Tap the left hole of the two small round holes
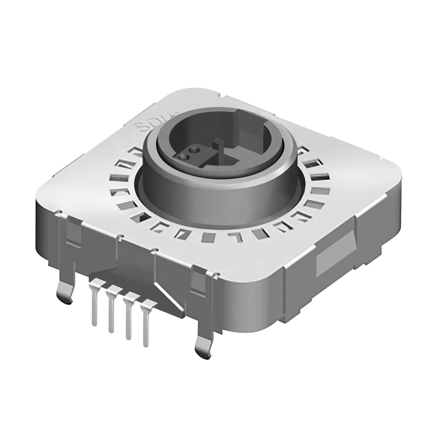(184, 157)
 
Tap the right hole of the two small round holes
(194, 151)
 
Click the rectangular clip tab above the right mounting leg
(199, 283)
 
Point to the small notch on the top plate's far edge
(221, 95)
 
